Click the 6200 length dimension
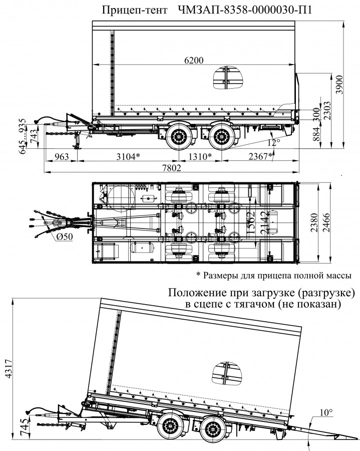[194, 61]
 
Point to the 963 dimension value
[60, 156]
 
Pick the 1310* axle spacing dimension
[199, 156]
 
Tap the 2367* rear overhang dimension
[260, 156]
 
